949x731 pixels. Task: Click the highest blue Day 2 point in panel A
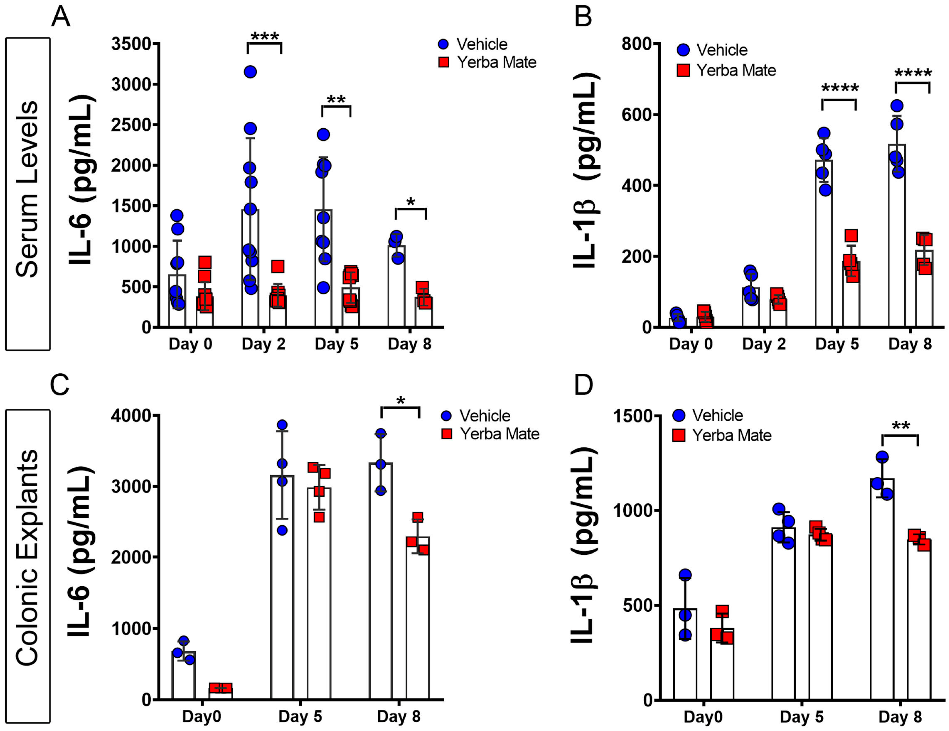point(250,72)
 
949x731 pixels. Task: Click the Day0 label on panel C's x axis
point(201,716)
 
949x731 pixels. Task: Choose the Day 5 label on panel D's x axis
point(801,716)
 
